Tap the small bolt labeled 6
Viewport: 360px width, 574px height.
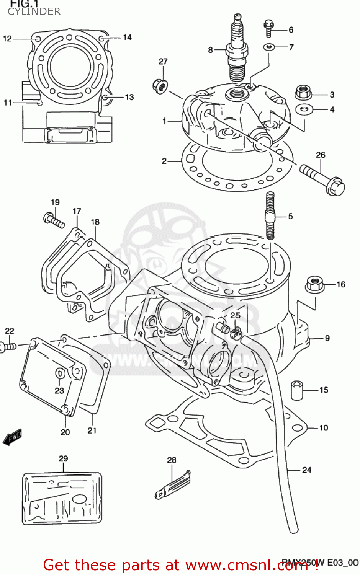268,28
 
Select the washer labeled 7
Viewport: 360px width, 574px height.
269,47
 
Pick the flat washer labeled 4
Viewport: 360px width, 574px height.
304,109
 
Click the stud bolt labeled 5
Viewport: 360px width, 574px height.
270,216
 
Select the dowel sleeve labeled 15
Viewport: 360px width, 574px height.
297,390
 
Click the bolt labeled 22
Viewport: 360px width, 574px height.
8,347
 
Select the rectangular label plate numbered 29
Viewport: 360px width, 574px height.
62,499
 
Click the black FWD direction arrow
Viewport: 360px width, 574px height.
12,437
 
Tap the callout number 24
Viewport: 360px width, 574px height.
307,470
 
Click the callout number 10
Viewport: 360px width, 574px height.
324,428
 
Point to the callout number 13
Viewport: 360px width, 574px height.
129,97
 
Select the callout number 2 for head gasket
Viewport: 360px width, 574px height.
164,161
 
